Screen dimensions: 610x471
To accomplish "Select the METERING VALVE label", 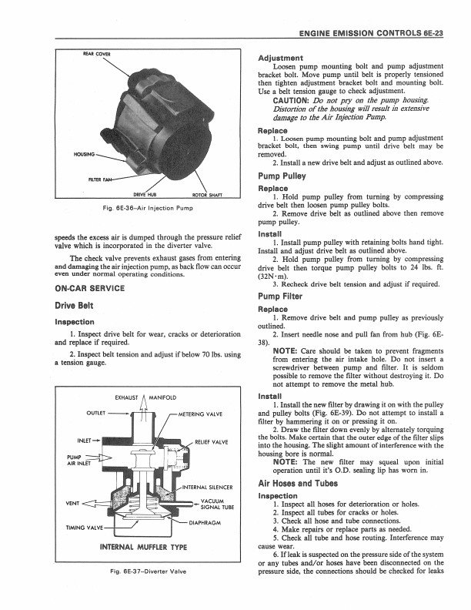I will point(199,414).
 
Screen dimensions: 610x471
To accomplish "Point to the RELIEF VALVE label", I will point(212,441).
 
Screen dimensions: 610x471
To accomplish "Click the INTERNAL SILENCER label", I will point(207,488).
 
